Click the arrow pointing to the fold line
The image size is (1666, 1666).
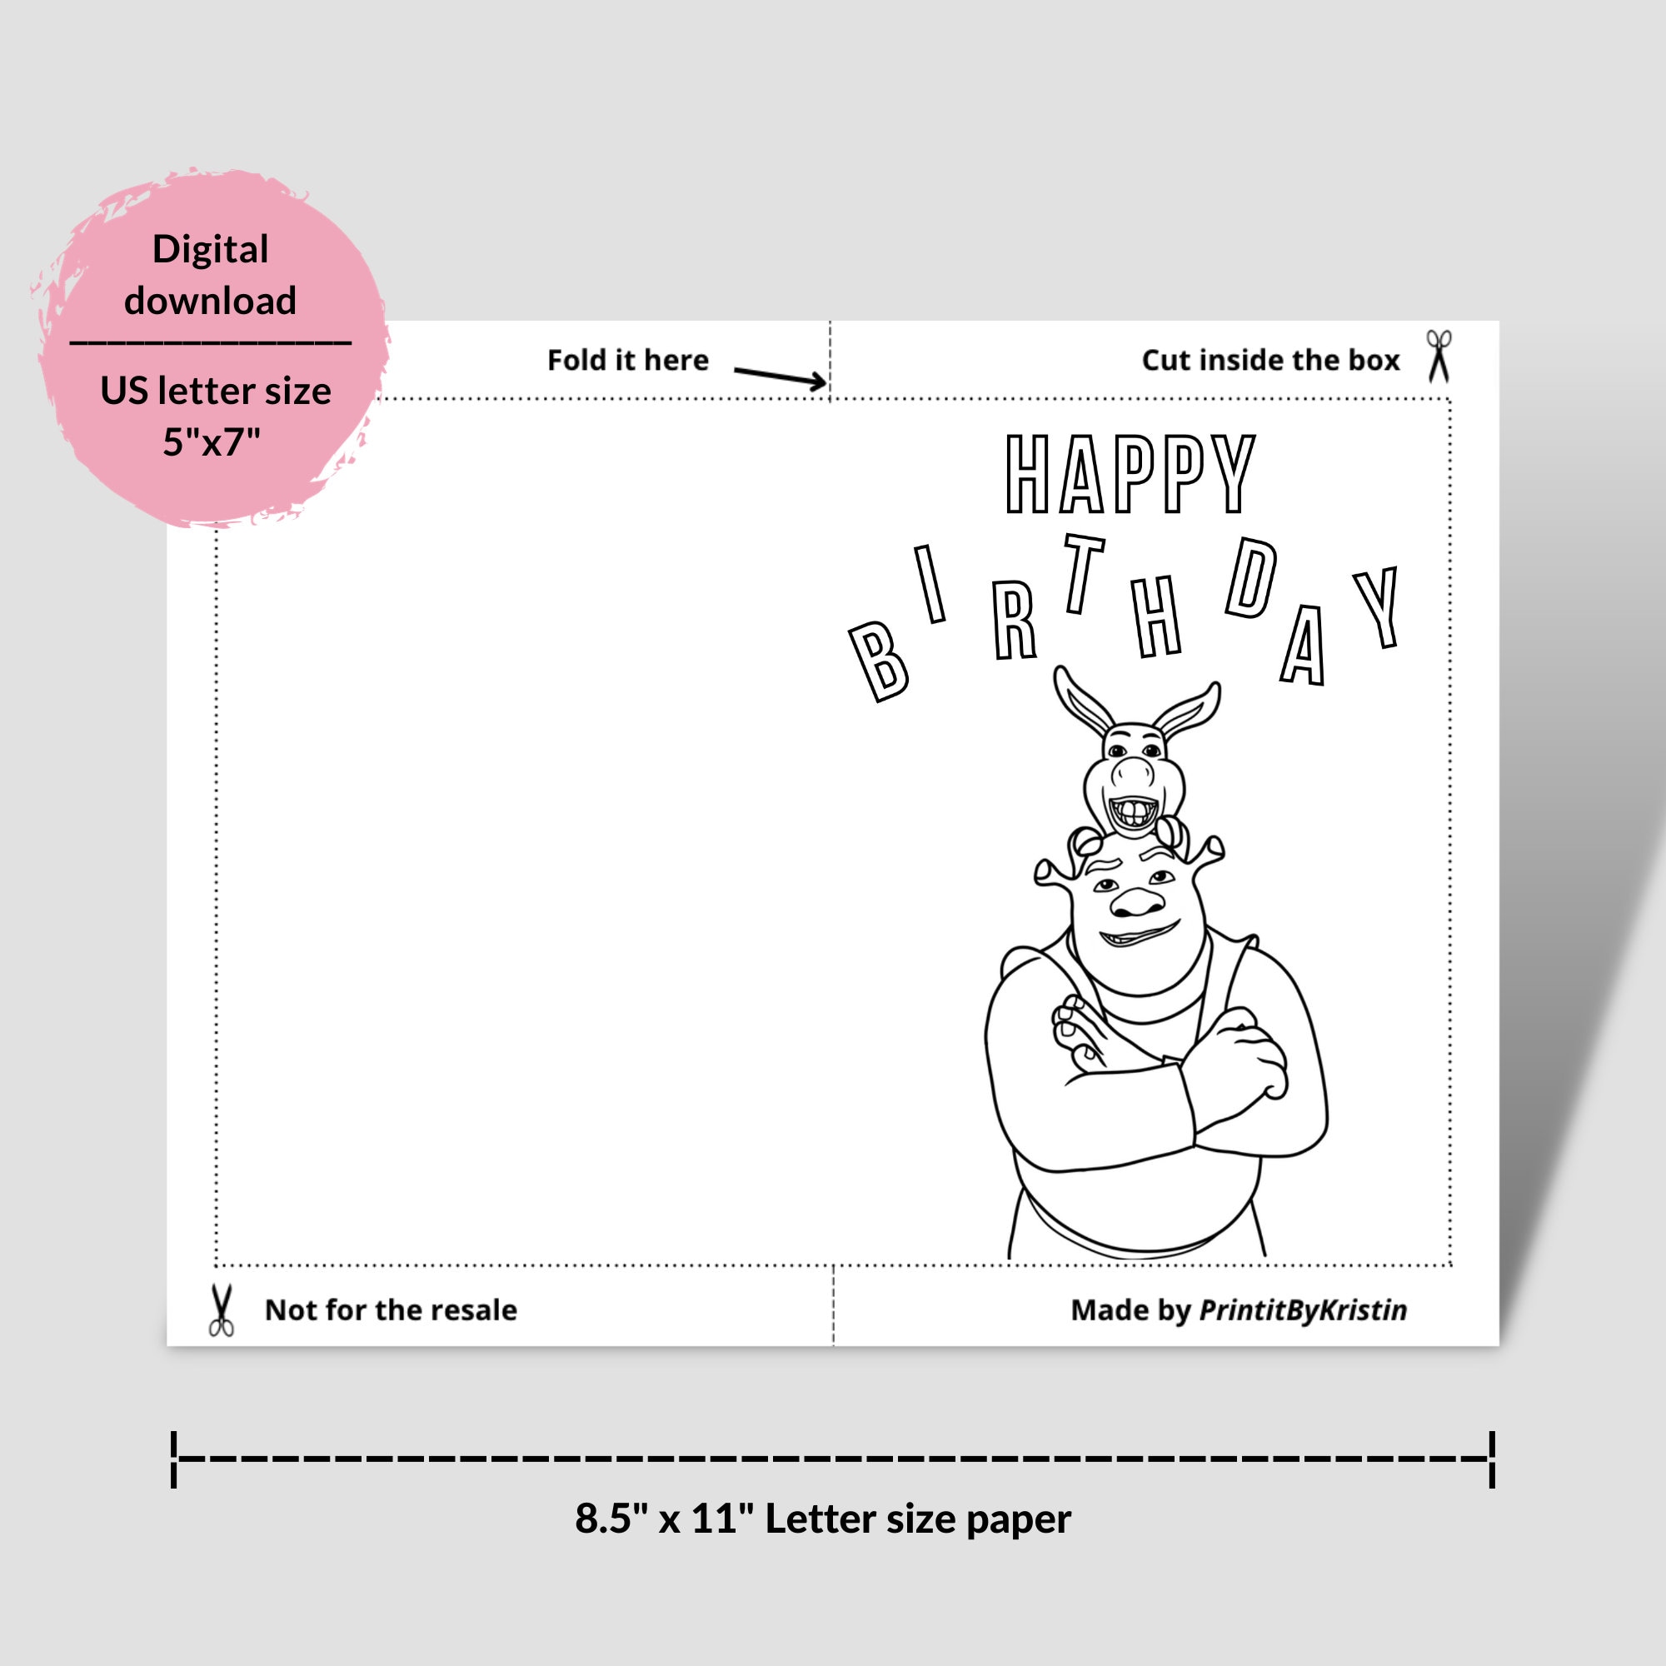779,377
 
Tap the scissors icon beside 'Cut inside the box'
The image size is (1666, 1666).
1439,356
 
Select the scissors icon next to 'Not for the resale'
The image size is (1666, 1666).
222,1309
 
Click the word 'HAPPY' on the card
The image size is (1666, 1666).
1130,474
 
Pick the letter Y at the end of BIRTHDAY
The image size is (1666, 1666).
1378,607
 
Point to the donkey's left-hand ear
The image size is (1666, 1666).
1081,701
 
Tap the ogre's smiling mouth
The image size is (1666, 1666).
1138,935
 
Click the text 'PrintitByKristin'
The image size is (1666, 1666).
1303,1309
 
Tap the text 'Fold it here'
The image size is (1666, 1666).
628,360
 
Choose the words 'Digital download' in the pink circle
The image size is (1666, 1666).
211,274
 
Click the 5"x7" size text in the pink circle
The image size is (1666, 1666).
212,441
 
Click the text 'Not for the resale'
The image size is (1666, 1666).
391,1309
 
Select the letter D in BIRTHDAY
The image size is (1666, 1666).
1251,579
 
